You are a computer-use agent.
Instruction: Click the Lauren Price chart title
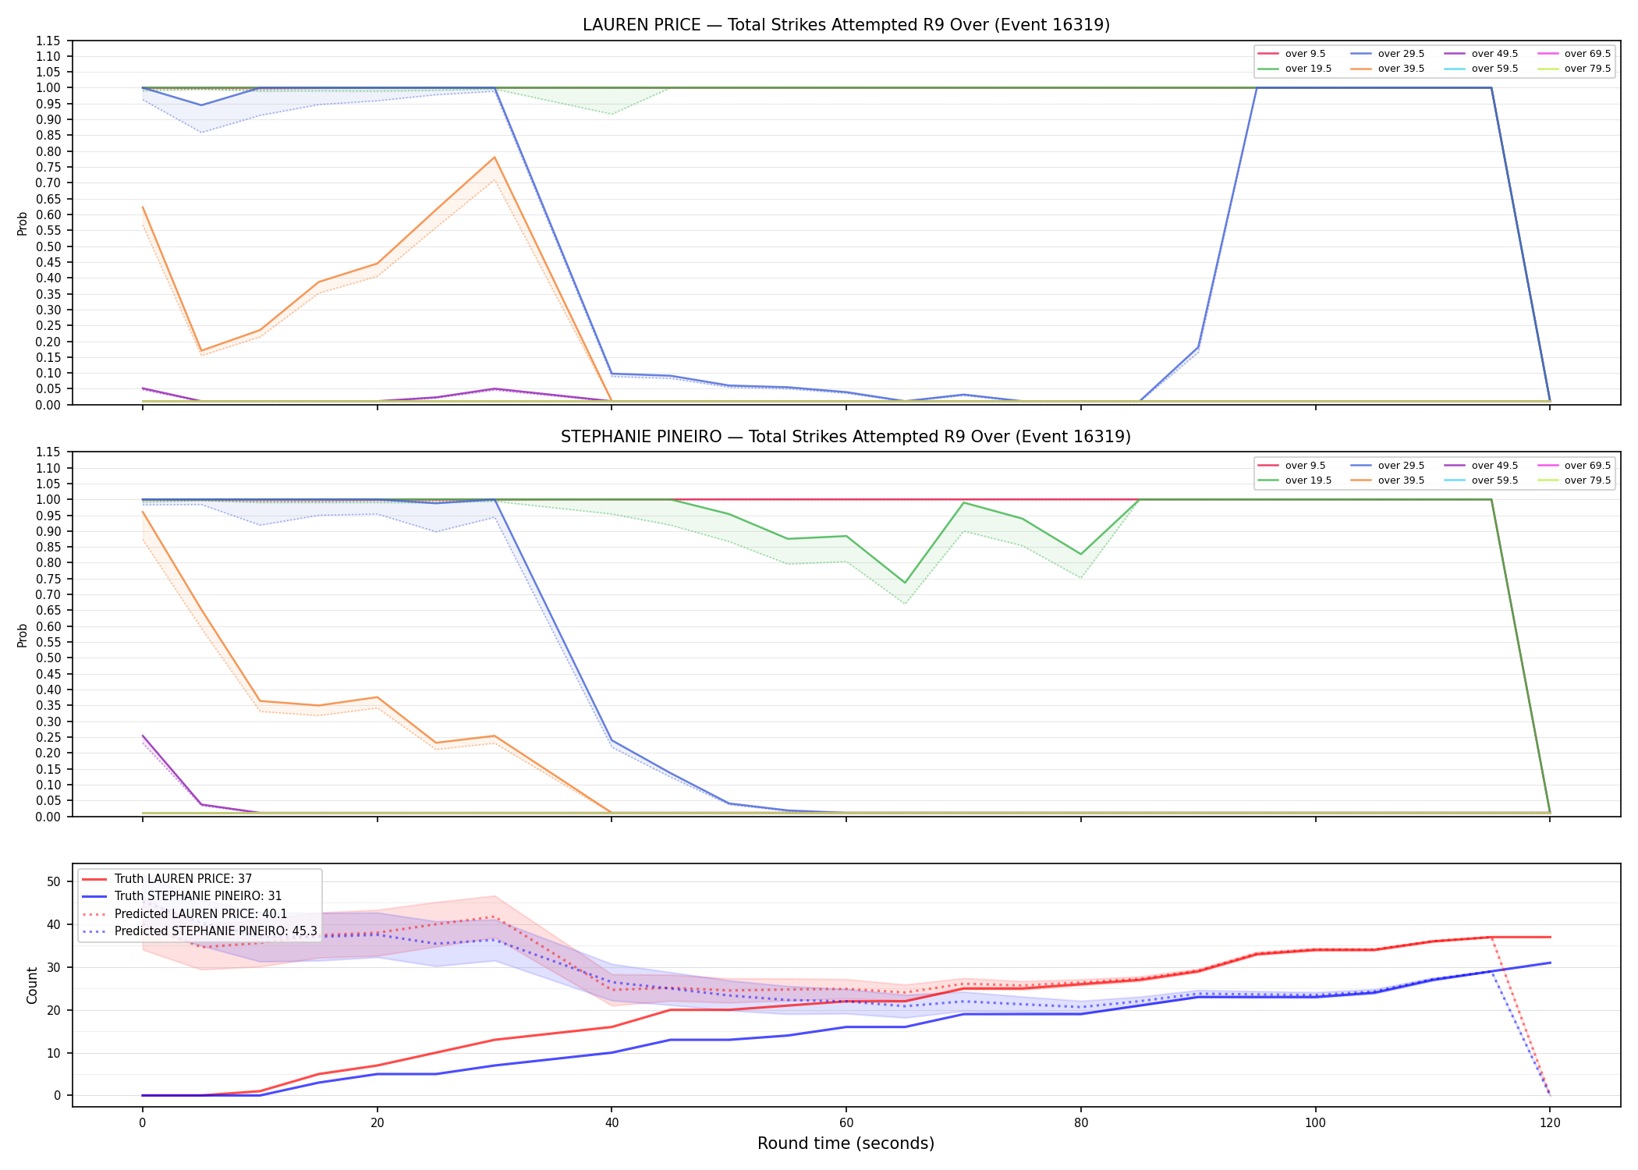[x=846, y=25]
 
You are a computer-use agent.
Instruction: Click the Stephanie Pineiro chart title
[x=846, y=437]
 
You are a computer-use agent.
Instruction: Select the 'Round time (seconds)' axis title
[x=846, y=1143]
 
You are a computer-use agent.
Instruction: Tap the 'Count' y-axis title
[x=32, y=985]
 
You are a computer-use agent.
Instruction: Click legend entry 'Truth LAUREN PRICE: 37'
[x=167, y=879]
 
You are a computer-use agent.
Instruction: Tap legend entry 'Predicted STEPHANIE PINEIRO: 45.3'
[x=199, y=931]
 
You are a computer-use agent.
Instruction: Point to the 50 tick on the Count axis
[x=54, y=881]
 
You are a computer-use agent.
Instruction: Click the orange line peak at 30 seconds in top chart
[x=495, y=158]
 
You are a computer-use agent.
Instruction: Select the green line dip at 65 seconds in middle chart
[x=905, y=583]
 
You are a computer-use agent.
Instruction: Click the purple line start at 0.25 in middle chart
[x=143, y=736]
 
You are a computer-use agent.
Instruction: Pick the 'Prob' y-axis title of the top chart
[x=23, y=223]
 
